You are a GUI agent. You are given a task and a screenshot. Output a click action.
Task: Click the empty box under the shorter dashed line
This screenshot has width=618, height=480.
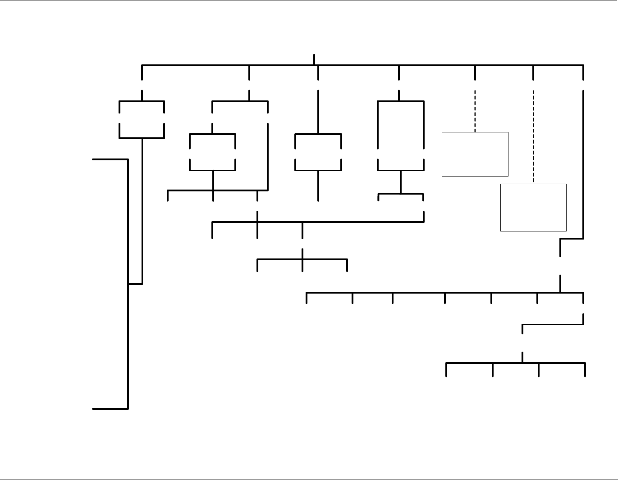(475, 154)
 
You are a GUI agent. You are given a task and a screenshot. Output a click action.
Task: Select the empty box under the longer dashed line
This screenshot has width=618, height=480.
(533, 207)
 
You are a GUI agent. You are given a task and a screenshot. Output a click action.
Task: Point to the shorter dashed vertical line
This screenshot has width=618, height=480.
(475, 111)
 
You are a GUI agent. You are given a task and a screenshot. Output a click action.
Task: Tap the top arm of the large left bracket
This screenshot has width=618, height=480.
(110, 159)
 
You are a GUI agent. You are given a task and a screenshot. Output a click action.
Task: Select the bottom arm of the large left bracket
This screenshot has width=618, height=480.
(110, 409)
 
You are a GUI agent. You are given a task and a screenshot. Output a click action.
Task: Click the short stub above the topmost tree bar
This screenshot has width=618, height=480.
(314, 59)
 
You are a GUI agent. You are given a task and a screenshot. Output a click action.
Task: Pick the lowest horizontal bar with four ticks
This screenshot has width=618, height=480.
(515, 362)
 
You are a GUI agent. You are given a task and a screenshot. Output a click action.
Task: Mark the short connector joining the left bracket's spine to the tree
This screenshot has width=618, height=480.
(135, 284)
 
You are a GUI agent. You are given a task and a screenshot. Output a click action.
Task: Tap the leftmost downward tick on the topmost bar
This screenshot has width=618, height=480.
(142, 72)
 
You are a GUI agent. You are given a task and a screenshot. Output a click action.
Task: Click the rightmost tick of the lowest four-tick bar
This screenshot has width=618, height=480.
(585, 370)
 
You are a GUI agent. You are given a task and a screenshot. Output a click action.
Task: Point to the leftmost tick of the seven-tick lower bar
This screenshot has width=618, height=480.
(307, 298)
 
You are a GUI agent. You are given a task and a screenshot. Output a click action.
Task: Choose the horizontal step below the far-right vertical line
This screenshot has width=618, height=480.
(572, 239)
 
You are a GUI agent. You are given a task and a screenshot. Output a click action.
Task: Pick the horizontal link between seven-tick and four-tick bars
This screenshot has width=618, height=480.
(553, 324)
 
